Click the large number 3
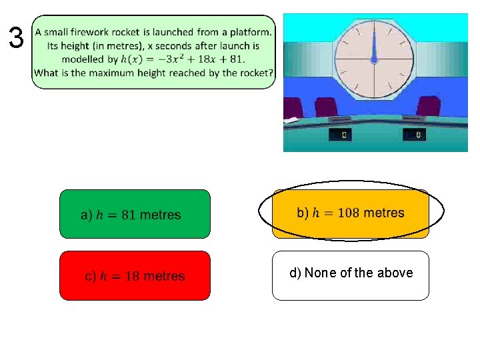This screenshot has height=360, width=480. click(x=16, y=38)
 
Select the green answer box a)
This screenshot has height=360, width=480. click(x=135, y=214)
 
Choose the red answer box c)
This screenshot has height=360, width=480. click(x=135, y=275)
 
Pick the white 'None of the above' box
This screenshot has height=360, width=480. click(x=350, y=275)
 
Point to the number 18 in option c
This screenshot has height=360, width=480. click(x=131, y=276)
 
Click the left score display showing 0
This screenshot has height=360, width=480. click(x=341, y=135)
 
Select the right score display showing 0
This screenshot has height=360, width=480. click(x=415, y=135)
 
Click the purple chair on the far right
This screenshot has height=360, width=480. click(x=428, y=107)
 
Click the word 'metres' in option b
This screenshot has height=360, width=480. click(x=384, y=213)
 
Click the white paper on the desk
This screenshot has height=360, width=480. click(x=291, y=120)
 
